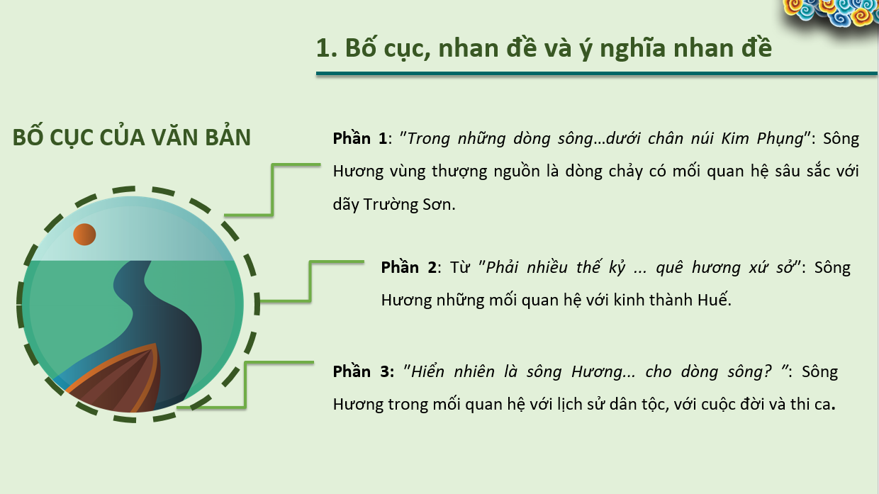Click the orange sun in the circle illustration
(84, 235)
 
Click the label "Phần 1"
(359, 138)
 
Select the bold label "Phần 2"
(408, 267)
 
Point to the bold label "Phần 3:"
(364, 371)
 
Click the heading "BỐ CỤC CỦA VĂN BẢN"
(131, 137)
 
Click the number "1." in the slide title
(327, 48)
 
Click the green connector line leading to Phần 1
(272, 189)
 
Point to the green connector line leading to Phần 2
(310, 281)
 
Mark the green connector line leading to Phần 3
(245, 385)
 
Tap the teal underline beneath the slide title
(596, 74)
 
